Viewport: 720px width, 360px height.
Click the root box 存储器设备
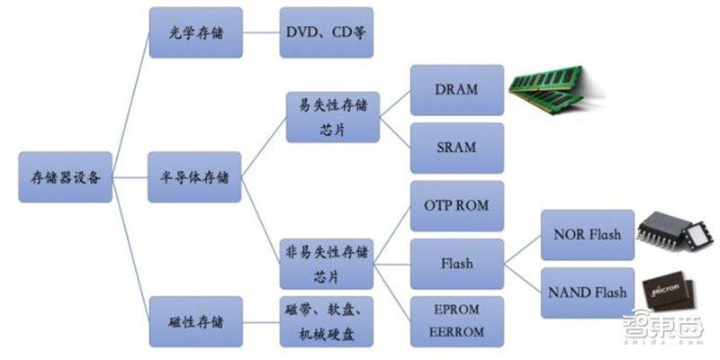click(x=65, y=177)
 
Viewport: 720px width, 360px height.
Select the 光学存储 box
click(x=196, y=32)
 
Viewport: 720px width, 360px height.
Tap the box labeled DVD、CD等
click(x=327, y=32)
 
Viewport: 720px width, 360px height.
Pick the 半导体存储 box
click(x=194, y=177)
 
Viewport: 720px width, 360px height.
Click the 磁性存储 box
click(x=196, y=321)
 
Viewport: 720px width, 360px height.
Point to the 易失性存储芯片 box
click(x=333, y=117)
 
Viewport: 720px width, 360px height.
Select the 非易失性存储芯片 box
click(x=327, y=264)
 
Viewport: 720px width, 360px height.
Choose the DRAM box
click(x=457, y=90)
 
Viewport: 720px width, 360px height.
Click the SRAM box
click(x=457, y=148)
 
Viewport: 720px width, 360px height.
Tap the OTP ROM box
click(x=457, y=206)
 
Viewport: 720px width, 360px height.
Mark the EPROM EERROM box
click(x=457, y=321)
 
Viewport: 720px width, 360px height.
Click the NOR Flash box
click(x=588, y=235)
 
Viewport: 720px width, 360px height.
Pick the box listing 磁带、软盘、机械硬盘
click(x=327, y=321)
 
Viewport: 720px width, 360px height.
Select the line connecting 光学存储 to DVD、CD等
click(x=261, y=32)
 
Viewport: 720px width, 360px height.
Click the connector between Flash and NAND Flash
click(x=523, y=278)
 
